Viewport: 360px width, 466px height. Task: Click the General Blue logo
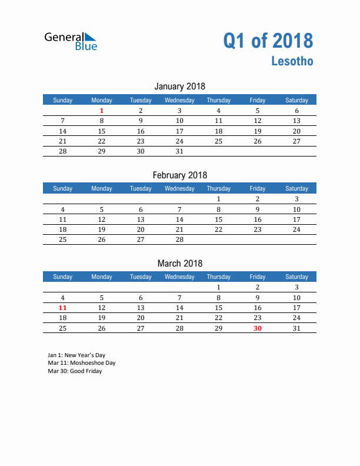click(x=71, y=41)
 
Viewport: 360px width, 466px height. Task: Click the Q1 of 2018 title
click(x=268, y=41)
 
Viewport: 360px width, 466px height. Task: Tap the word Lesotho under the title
click(x=292, y=61)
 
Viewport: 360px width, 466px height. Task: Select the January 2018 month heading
click(x=179, y=86)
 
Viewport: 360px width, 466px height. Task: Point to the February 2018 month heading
click(x=179, y=175)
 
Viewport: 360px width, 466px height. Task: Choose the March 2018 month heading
click(x=179, y=264)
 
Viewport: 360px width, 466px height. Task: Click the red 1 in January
click(x=102, y=111)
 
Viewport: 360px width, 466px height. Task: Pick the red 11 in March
click(x=63, y=308)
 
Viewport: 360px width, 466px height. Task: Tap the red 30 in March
click(x=257, y=328)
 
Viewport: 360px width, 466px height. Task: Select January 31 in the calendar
click(x=179, y=151)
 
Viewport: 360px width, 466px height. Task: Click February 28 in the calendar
click(x=179, y=239)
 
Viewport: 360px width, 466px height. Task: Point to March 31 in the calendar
click(x=296, y=328)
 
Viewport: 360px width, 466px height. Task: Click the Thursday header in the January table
click(x=218, y=100)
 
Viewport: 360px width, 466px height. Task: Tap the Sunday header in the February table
click(x=63, y=189)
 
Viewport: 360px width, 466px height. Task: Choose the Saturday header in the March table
click(x=296, y=277)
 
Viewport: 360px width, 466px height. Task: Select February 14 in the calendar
click(x=179, y=219)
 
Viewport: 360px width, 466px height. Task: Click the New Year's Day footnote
click(x=76, y=355)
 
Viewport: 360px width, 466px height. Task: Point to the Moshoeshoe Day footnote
click(x=81, y=363)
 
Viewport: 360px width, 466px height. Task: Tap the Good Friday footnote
click(x=75, y=371)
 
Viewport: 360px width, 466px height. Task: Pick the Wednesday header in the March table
click(x=179, y=277)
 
